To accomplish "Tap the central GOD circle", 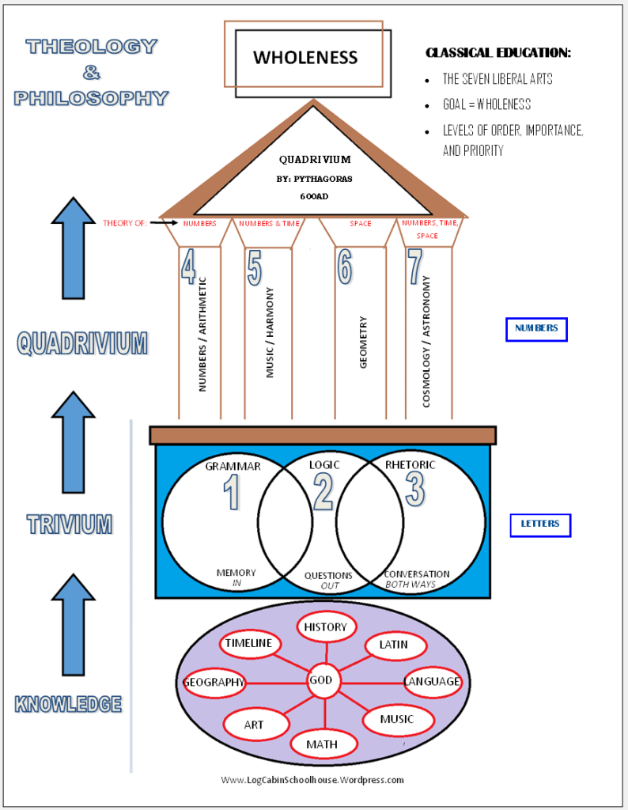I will tap(321, 680).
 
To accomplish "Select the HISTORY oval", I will tap(326, 627).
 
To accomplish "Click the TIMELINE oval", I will tap(248, 643).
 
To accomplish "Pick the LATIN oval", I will tap(393, 645).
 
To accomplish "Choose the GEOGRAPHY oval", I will tap(214, 683).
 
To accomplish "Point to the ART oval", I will tap(254, 725).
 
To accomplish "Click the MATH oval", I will tap(322, 744).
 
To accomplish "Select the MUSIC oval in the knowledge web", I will tap(397, 720).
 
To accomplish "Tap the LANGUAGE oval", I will tap(432, 681).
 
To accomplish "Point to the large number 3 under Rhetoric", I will tap(414, 490).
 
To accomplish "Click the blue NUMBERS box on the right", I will tap(536, 328).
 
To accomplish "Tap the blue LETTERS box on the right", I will tap(540, 524).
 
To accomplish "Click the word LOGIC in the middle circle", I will tap(323, 465).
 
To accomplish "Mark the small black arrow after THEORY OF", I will tap(165, 223).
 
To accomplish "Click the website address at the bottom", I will tap(312, 780).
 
